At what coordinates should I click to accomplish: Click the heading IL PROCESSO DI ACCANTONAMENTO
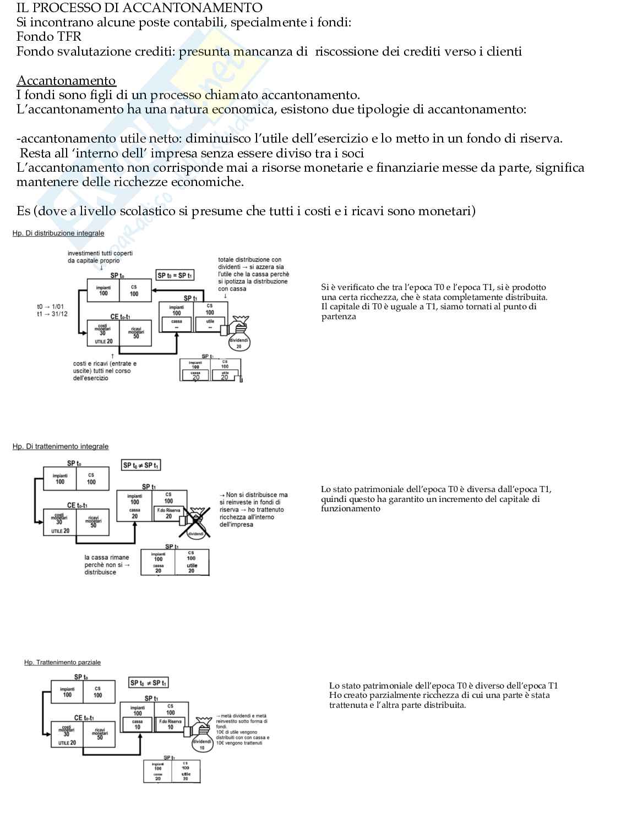coord(139,8)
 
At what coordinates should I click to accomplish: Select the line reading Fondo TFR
coord(49,37)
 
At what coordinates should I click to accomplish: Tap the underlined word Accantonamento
coord(66,81)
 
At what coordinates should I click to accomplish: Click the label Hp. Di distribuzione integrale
coord(58,233)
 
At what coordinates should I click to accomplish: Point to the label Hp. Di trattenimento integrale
coord(61,446)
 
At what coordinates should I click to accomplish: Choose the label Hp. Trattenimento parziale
coord(62,662)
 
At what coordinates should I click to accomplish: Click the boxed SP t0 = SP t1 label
coord(175,275)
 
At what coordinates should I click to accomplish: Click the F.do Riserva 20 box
coord(168,513)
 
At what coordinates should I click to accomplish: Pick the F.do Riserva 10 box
coord(170,724)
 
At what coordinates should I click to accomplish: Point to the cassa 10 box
coord(137,724)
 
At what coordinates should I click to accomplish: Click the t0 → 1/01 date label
coord(51,307)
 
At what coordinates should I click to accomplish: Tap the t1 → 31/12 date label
coord(52,314)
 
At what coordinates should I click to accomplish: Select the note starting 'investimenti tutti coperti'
coord(100,257)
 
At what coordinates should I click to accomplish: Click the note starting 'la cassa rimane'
coord(107,565)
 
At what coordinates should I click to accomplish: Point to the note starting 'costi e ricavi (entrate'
coord(105,371)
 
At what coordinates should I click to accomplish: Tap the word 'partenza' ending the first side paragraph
coord(339,316)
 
